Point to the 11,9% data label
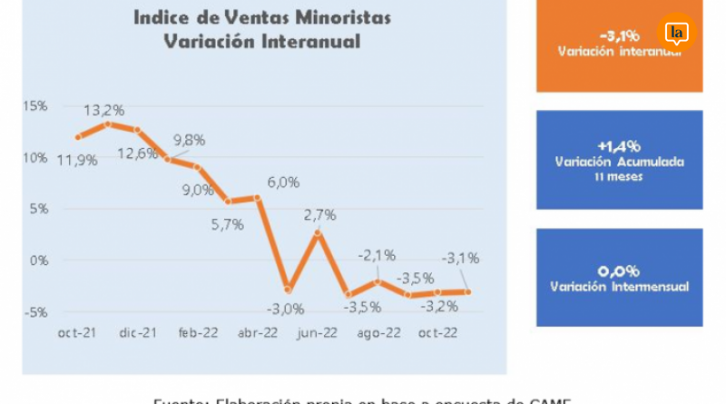78,161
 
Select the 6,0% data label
282,182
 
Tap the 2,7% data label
319,215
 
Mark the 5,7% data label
228,224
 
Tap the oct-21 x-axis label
77,332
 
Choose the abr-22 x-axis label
259,332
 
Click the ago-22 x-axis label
376,332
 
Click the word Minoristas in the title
313,17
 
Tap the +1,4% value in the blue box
619,146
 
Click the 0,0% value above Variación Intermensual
619,271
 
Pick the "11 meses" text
619,177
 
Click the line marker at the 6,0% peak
258,197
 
